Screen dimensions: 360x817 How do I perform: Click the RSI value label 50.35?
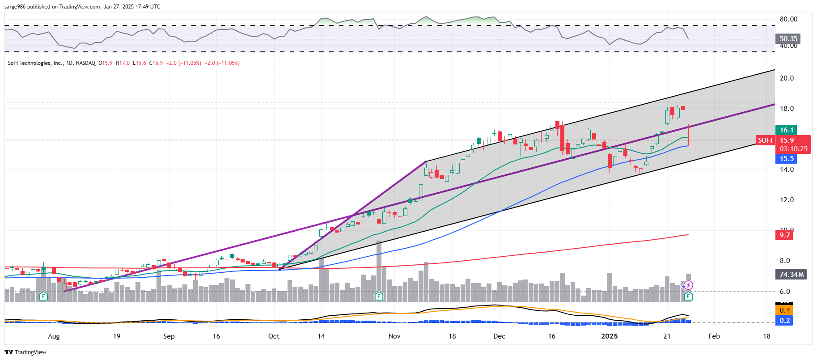tap(788, 39)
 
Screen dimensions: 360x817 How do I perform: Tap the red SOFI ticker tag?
tap(765, 140)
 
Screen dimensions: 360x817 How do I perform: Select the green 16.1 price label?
tap(787, 130)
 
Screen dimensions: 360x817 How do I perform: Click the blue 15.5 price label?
tap(787, 159)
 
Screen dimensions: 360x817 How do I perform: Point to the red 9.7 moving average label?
tap(784, 235)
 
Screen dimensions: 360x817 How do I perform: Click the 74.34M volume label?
tap(791, 275)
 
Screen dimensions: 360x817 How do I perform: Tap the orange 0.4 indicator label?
tap(784, 310)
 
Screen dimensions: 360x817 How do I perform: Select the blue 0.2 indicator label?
tap(784, 321)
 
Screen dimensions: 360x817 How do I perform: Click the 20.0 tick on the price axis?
tap(787, 78)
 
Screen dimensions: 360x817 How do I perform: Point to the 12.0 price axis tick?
tap(787, 200)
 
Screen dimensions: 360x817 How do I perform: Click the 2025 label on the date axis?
tap(609, 336)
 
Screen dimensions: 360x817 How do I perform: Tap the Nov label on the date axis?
tap(394, 336)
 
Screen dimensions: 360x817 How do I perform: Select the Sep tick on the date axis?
tap(169, 336)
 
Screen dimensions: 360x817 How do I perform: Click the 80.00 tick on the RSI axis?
tap(788, 19)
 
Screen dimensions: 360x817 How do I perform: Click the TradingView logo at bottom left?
tap(25, 352)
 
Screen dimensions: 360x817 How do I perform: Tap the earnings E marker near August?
tap(43, 296)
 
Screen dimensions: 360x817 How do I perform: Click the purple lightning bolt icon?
tap(689, 285)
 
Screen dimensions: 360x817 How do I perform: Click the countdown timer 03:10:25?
tap(793, 149)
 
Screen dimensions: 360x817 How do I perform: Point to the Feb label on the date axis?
tap(714, 336)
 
